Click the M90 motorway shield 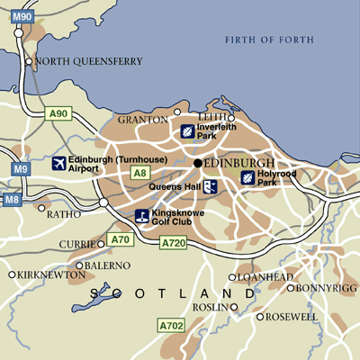pos(22,17)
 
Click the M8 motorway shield pos(11,200)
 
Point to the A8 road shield pos(139,172)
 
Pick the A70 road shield pos(119,239)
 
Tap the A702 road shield pos(170,324)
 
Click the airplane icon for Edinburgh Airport pos(60,163)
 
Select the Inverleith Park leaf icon pos(187,131)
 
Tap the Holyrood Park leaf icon pos(247,177)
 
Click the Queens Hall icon pos(209,186)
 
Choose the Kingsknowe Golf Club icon pos(142,216)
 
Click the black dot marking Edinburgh pos(197,163)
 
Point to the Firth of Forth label pos(269,39)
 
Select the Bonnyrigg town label pos(320,288)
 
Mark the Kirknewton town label pos(42,274)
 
